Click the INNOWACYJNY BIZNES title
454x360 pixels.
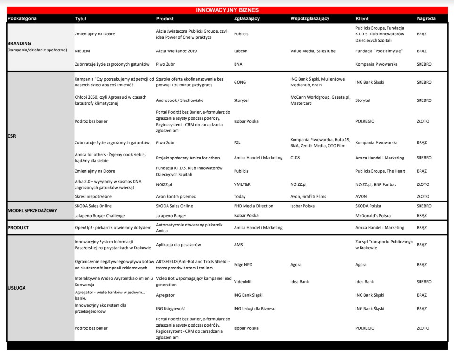click(x=227, y=10)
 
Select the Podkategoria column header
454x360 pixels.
click(x=22, y=19)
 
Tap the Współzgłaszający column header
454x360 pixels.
click(x=310, y=19)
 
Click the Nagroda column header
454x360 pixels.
click(x=426, y=19)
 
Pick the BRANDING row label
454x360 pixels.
click(x=19, y=43)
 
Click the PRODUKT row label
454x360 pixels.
click(x=18, y=227)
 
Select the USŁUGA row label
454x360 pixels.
click(x=17, y=287)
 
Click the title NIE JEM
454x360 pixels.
click(x=83, y=51)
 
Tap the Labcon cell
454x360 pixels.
click(x=241, y=51)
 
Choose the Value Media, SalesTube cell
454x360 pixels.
click(x=313, y=51)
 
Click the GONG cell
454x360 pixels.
click(x=240, y=82)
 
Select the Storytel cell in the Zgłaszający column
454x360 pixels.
click(x=241, y=100)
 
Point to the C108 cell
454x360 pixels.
click(x=296, y=158)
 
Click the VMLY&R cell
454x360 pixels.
click(x=243, y=184)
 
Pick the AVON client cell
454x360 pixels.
click(x=362, y=196)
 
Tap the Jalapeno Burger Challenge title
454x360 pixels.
click(x=100, y=215)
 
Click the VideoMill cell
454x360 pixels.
click(x=243, y=282)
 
